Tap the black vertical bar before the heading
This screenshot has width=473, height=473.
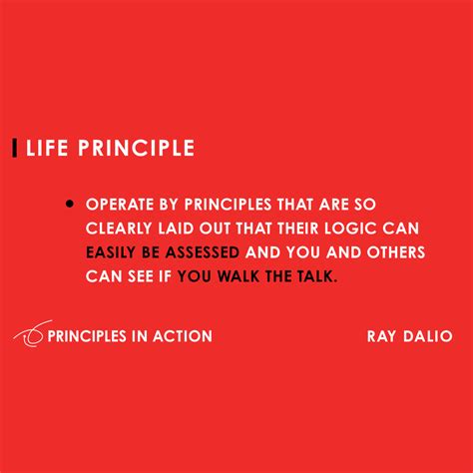click(x=14, y=149)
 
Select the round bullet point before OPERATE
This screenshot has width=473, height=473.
click(x=70, y=203)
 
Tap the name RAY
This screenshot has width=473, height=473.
click(x=383, y=336)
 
